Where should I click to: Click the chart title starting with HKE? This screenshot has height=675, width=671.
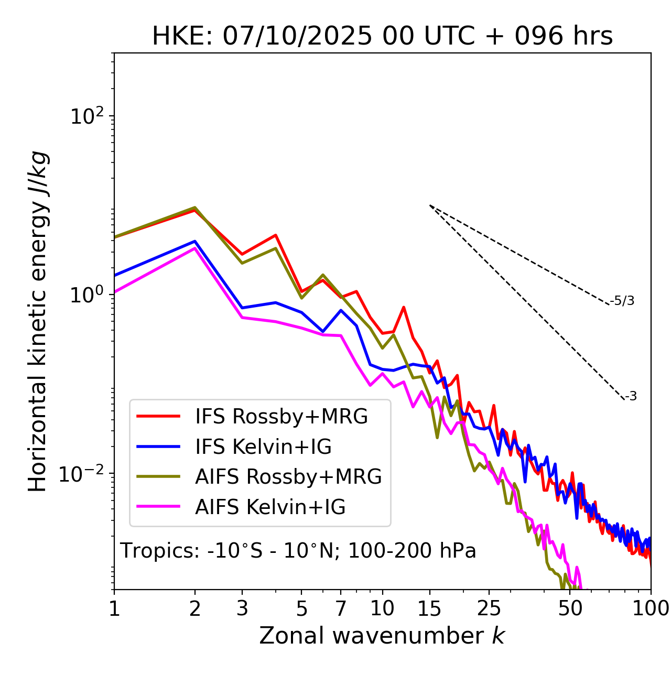pos(382,36)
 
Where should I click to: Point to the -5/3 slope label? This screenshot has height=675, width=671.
pos(622,301)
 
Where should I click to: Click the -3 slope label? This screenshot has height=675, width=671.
pos(631,397)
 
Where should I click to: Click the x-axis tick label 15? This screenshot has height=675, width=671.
pos(430,608)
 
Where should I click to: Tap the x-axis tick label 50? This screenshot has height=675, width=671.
pos(570,608)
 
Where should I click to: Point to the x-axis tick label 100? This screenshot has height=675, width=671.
pos(651,608)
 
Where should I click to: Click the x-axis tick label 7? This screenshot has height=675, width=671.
pos(341,608)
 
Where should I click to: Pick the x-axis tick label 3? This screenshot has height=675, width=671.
pos(242,608)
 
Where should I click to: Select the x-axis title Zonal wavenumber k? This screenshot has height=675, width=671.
pos(382,636)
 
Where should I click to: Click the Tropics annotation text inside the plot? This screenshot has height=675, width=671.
pos(298,551)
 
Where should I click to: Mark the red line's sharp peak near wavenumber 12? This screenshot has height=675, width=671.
pos(404,307)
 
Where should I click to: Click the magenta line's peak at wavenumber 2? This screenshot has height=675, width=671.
pos(195,248)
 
